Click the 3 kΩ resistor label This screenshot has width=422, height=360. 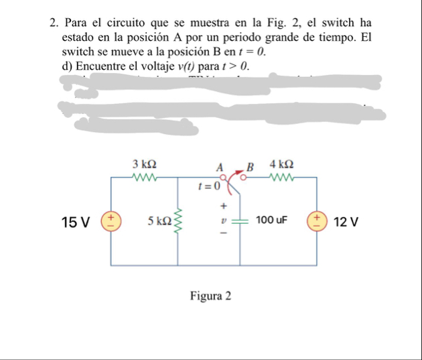pyautogui.click(x=144, y=164)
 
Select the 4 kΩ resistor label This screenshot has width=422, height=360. pyautogui.click(x=281, y=164)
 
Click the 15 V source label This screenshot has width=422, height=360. pyautogui.click(x=75, y=221)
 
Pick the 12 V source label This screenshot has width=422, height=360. pyautogui.click(x=346, y=221)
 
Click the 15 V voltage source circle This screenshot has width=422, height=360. pyautogui.click(x=111, y=221)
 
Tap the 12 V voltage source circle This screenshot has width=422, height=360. pyautogui.click(x=315, y=221)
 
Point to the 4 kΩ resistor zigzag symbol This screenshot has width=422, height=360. pyautogui.click(x=281, y=178)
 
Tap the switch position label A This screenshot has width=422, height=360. pyautogui.click(x=219, y=166)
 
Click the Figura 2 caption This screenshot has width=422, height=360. pyautogui.click(x=210, y=296)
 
